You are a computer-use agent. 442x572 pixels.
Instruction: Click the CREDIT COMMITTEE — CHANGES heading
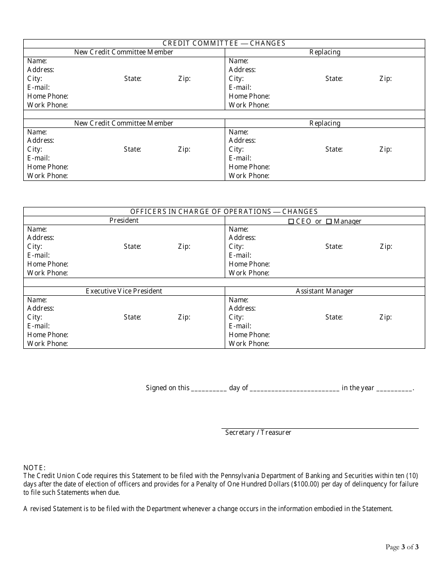click(224, 43)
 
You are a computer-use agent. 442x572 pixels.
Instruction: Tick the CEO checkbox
click(292, 221)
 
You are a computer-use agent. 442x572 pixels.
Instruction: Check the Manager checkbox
click(329, 221)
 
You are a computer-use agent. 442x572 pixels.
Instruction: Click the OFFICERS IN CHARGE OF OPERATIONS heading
click(224, 212)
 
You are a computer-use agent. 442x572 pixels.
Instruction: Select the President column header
click(124, 220)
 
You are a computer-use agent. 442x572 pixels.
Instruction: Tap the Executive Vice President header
click(124, 291)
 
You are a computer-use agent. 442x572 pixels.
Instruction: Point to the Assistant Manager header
click(324, 291)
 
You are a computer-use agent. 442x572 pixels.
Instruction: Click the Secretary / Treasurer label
click(258, 432)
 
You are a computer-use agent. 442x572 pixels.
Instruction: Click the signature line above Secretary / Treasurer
click(320, 428)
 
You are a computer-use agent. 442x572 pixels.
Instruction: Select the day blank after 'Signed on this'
click(209, 389)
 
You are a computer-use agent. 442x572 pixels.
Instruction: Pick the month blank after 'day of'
click(295, 389)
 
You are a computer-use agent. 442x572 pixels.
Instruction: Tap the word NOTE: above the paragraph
click(34, 468)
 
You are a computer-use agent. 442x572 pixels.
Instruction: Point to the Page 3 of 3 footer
click(402, 547)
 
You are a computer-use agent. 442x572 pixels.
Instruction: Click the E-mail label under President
click(39, 255)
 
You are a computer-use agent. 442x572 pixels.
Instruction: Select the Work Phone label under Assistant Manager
click(249, 344)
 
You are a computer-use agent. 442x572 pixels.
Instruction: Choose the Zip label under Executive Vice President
click(184, 317)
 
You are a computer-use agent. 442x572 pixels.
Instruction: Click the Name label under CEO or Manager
click(239, 229)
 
